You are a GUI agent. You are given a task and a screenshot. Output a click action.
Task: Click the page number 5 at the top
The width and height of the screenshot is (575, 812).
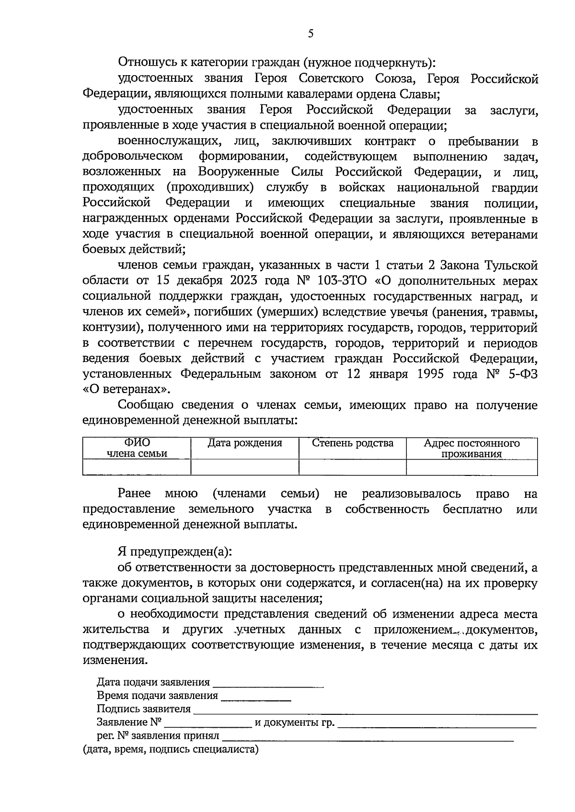point(310,34)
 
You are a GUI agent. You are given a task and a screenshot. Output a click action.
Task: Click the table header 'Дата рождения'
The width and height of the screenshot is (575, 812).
point(244,443)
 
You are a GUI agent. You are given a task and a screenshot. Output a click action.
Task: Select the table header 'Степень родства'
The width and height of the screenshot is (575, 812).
point(353,443)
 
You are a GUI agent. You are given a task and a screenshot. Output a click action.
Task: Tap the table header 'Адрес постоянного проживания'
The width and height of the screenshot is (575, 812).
point(471,448)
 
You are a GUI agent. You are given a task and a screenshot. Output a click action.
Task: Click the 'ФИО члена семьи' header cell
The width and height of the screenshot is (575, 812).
point(137,448)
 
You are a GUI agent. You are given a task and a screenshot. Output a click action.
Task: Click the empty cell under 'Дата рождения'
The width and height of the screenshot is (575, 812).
point(244,467)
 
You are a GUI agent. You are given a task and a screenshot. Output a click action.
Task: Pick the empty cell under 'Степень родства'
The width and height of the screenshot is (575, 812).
point(353,467)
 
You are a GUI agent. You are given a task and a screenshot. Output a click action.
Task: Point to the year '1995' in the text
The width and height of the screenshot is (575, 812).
point(432,374)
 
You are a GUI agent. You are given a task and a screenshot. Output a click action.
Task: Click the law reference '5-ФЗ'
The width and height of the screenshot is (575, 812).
point(520,374)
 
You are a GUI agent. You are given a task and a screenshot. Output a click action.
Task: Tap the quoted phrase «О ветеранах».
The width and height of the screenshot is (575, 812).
point(127,389)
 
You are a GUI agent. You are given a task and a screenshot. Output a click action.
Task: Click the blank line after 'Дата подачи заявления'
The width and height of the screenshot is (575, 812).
point(268,684)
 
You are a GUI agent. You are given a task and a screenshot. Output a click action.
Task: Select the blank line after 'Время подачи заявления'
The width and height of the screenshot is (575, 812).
point(256,697)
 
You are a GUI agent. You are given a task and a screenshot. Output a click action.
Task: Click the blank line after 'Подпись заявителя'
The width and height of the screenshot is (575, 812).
point(364,710)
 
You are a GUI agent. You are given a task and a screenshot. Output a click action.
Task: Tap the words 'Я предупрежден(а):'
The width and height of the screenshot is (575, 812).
point(175,552)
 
